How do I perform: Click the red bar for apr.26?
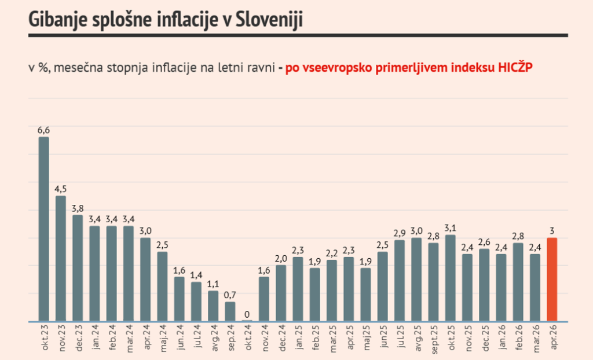point(552,279)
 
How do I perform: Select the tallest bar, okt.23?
point(43,229)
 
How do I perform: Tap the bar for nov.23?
point(60,258)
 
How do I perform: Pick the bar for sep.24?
point(230,311)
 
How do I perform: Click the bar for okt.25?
point(450,278)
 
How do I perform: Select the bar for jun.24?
point(179,299)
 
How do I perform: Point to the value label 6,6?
point(43,130)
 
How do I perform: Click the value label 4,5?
point(60,189)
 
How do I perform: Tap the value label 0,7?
point(230,295)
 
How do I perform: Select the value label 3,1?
point(450,228)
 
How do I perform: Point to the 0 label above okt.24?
point(247,313)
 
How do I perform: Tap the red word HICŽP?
point(515,67)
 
